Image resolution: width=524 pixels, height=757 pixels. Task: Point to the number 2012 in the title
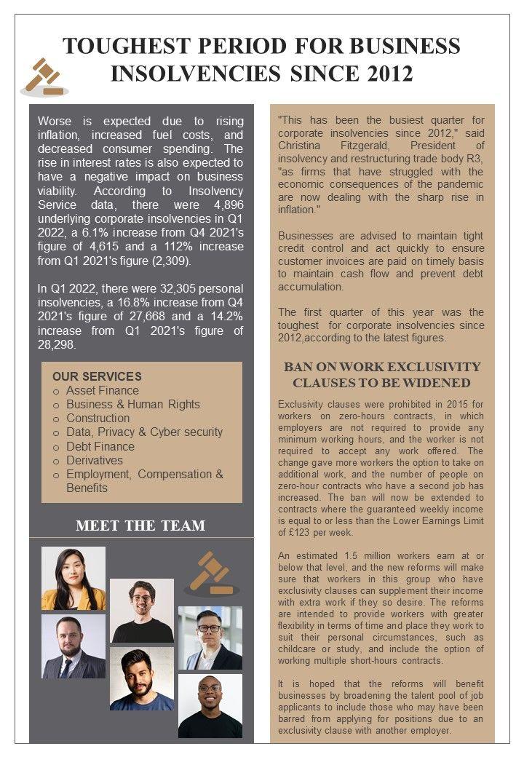coord(385,74)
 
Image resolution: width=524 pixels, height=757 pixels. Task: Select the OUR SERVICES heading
coord(97,376)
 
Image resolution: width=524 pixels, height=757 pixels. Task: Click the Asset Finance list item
coord(102,391)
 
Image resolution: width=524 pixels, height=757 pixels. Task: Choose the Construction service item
coord(98,419)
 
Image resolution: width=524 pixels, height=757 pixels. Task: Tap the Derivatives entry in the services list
coord(95,460)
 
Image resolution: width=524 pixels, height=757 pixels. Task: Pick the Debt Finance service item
coord(100,446)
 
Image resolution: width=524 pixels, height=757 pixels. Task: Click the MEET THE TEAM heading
coord(140,526)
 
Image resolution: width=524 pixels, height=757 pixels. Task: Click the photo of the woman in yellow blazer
coord(73,578)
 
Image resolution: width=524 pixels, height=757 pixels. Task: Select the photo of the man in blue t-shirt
coord(142,679)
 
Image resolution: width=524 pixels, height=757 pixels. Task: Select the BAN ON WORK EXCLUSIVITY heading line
coord(382,367)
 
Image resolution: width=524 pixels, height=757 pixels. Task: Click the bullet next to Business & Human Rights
coord(56,405)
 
